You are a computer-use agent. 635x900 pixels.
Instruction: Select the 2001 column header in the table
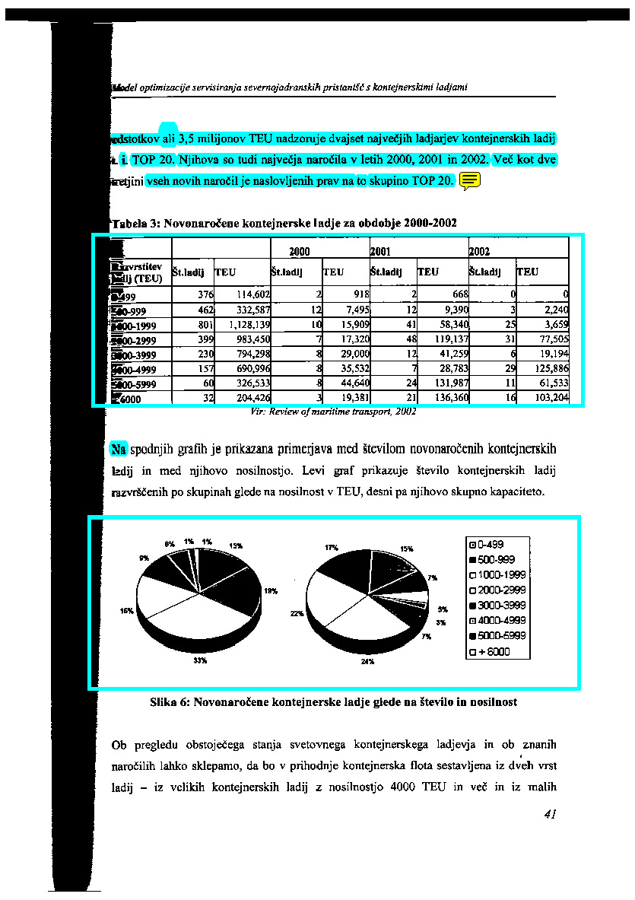(x=379, y=250)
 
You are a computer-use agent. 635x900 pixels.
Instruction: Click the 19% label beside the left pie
(x=270, y=590)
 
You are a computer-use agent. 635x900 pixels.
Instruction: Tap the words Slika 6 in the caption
(x=171, y=702)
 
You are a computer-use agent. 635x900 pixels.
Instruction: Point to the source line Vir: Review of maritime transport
(x=333, y=413)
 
